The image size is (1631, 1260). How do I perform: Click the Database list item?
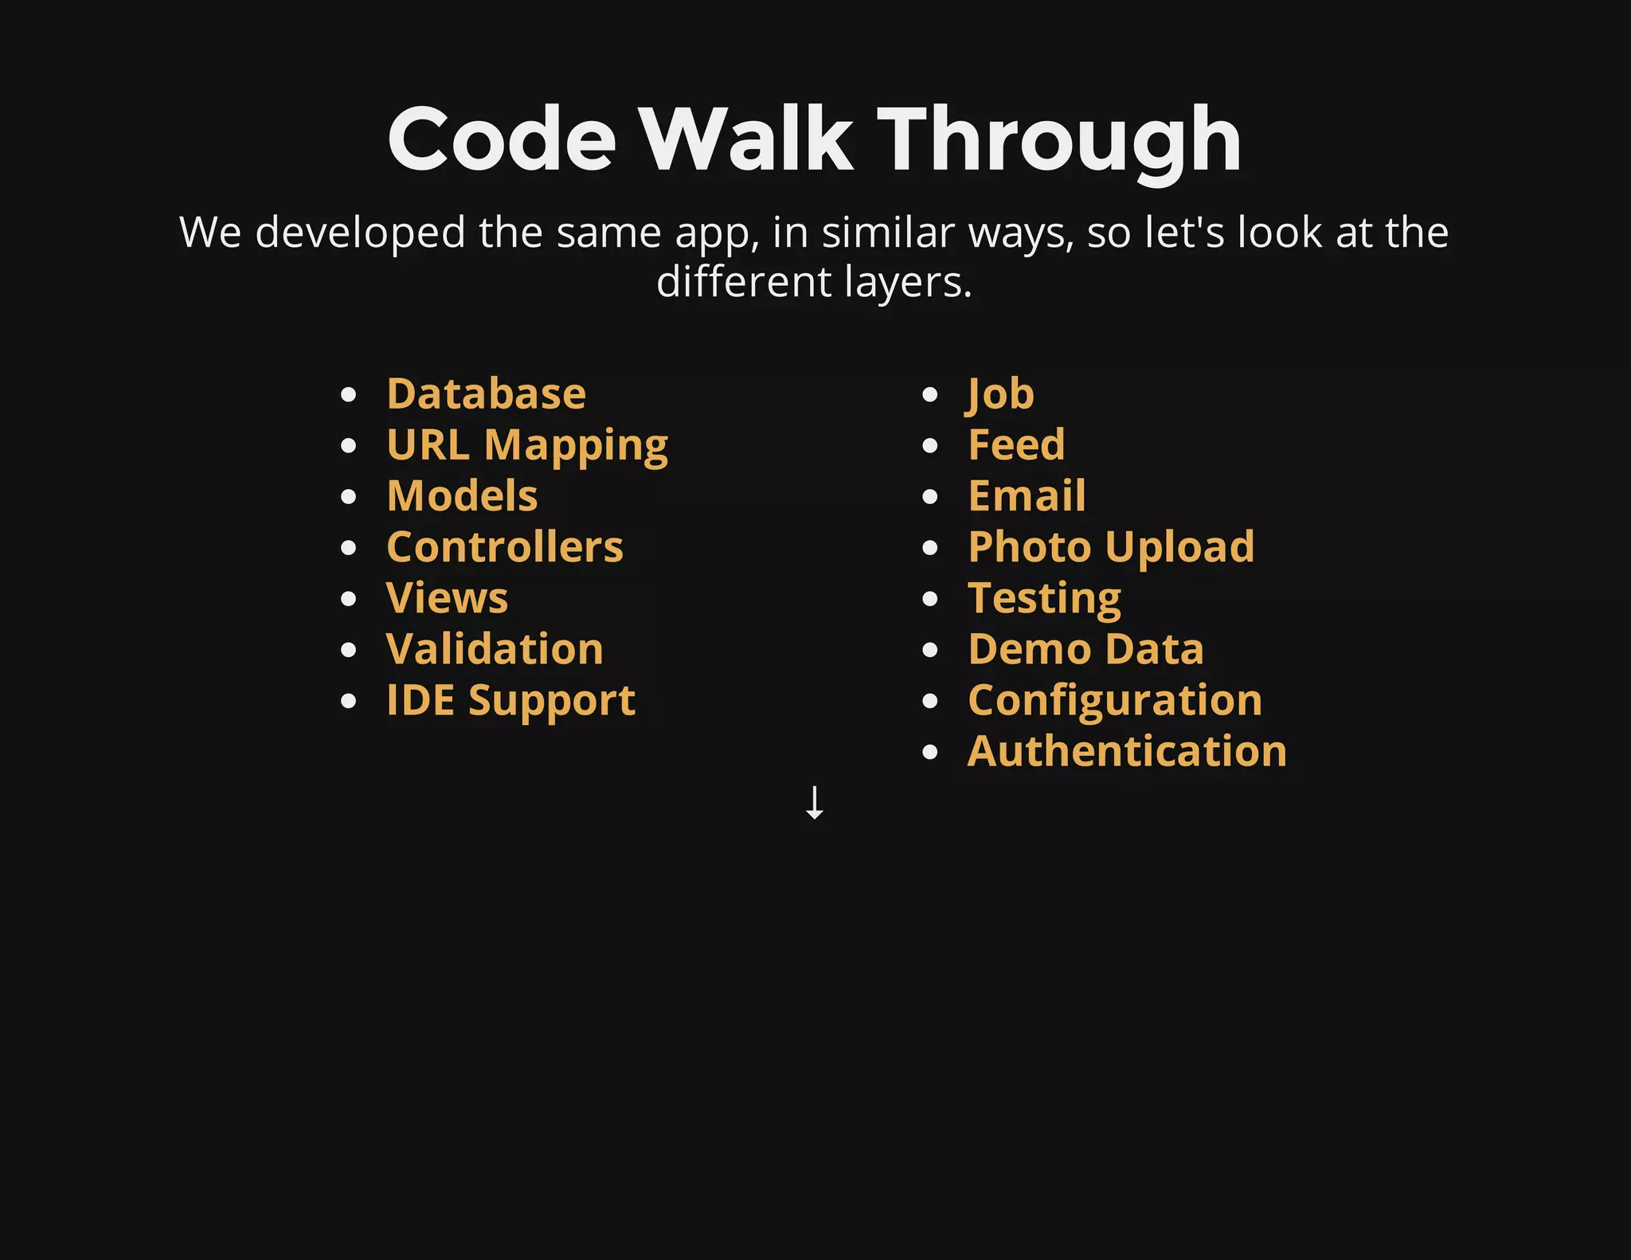[486, 394]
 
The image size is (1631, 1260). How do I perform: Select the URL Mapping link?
[526, 445]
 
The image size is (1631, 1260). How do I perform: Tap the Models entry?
[462, 496]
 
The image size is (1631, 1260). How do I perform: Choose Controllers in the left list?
[504, 547]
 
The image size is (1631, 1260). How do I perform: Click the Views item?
[447, 598]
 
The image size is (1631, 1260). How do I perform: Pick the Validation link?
[495, 649]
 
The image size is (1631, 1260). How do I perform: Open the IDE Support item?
[510, 701]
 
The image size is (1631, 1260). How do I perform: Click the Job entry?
[1000, 394]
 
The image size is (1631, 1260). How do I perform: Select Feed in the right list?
[1016, 445]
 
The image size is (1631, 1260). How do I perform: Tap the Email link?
[1027, 496]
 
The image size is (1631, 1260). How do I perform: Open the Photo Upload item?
[1111, 547]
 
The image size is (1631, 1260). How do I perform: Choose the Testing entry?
[1044, 598]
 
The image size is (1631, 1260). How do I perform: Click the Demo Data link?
[1085, 649]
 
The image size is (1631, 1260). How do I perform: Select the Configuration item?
[1115, 701]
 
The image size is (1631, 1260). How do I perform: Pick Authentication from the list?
[1127, 752]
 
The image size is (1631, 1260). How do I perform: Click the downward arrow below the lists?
[814, 803]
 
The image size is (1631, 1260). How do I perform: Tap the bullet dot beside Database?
[348, 395]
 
